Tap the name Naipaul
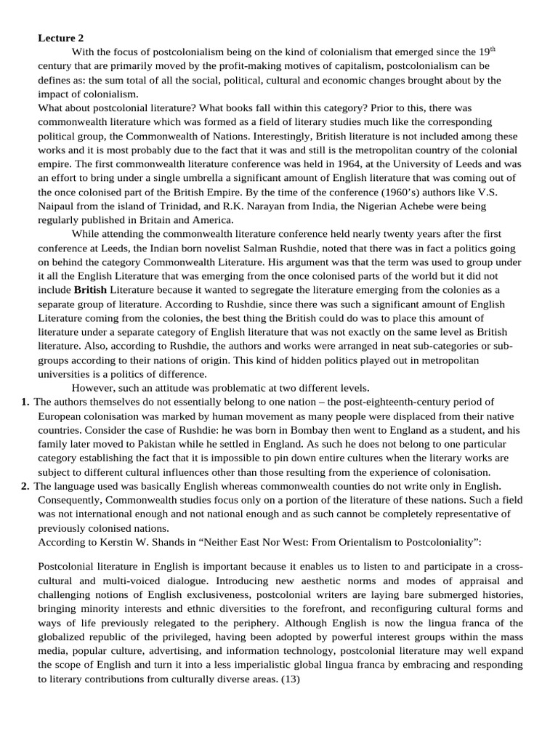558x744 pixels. [x=59, y=206]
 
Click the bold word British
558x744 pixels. [x=90, y=290]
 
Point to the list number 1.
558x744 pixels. [x=25, y=402]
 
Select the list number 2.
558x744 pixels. [x=25, y=485]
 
